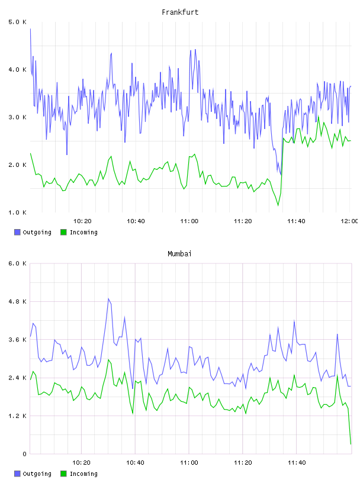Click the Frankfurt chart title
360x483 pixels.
[180, 12]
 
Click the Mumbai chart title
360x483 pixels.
[179, 254]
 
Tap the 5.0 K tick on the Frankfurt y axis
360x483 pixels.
[18, 22]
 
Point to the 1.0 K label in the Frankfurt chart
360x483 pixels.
[18, 212]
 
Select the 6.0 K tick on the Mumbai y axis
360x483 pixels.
[18, 263]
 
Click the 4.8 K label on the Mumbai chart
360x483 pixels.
[18, 301]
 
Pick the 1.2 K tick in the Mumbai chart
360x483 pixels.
[18, 416]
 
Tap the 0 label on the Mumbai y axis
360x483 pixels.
[24, 454]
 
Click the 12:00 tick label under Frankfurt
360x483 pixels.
[349, 221]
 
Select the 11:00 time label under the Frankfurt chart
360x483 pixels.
[189, 221]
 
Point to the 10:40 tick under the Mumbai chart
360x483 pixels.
[135, 463]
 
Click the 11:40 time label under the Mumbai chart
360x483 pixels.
[297, 463]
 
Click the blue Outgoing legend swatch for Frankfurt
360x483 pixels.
[17, 232]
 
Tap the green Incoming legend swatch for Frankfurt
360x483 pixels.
[63, 232]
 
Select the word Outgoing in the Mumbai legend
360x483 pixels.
[37, 474]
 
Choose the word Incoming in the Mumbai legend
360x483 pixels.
[83, 474]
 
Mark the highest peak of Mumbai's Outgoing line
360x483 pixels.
[108, 298]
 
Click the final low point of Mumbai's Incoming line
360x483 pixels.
[351, 444]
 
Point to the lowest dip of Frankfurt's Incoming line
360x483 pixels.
[278, 205]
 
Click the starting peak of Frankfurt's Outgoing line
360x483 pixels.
[30, 28]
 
